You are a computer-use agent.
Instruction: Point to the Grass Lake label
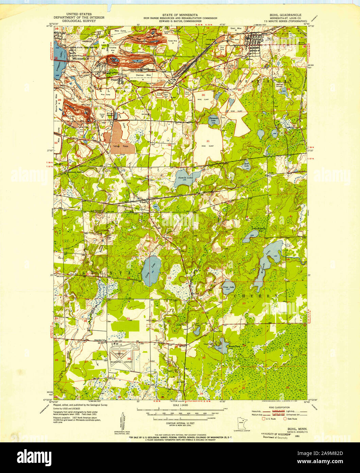point(228,287)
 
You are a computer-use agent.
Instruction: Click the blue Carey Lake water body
point(150,268)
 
